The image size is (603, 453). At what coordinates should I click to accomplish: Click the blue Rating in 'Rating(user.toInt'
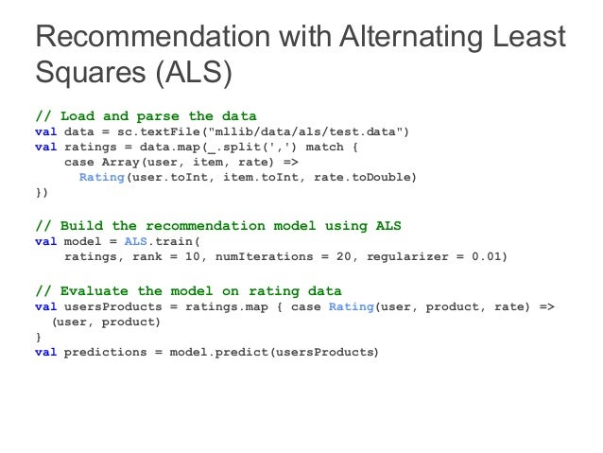point(101,176)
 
